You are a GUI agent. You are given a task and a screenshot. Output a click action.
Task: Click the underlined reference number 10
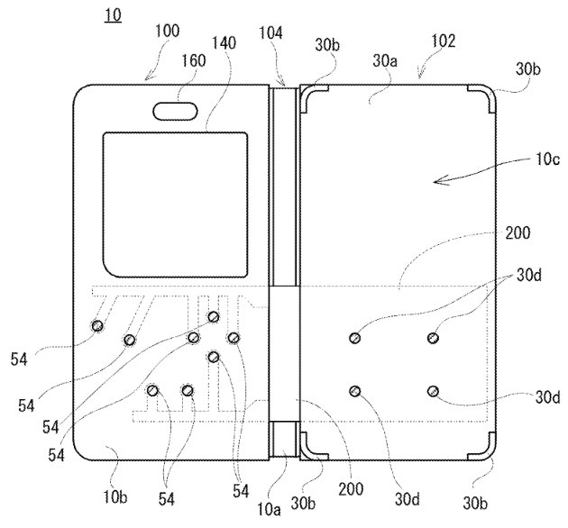click(x=113, y=16)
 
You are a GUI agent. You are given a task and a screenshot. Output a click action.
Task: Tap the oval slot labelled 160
click(x=177, y=111)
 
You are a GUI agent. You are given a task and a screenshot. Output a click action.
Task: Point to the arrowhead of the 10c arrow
click(x=436, y=181)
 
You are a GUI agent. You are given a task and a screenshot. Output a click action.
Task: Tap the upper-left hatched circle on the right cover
click(x=355, y=337)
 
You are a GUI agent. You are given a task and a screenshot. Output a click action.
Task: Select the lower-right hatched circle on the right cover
click(x=434, y=390)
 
